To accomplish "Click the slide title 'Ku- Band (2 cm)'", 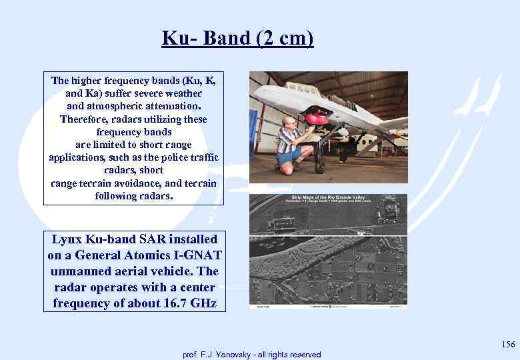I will [x=237, y=38].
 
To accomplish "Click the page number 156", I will [x=508, y=345].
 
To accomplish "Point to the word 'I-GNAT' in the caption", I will [x=199, y=255].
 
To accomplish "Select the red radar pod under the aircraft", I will [x=317, y=119].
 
